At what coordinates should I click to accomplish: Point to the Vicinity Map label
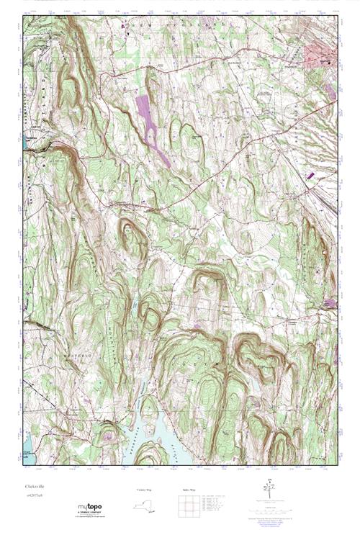(144, 490)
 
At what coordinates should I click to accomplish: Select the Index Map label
(185, 490)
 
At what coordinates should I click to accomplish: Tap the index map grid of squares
(185, 506)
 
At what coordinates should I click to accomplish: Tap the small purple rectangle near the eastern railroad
(310, 174)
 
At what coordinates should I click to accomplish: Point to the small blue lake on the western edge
(26, 141)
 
